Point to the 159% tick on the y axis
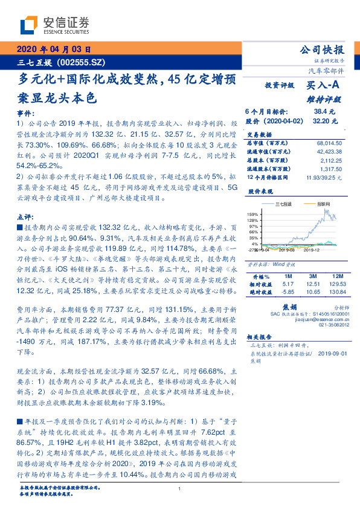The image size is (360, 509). tap(252, 215)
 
